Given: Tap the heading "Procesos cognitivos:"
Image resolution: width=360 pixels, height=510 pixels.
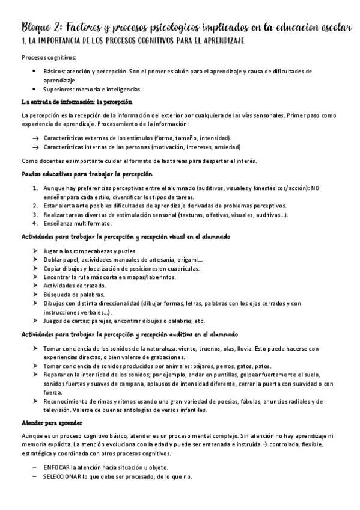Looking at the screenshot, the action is click(49, 58).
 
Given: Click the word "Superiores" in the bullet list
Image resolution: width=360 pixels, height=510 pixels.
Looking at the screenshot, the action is click(58, 89).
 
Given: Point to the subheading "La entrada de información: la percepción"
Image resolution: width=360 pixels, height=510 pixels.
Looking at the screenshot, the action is click(76, 102).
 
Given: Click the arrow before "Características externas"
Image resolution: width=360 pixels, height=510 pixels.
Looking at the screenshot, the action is click(36, 138).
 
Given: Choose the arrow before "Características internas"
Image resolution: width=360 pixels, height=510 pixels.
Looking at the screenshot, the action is click(36, 147).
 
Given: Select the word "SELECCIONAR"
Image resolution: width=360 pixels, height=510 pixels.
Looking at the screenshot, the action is click(63, 476).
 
